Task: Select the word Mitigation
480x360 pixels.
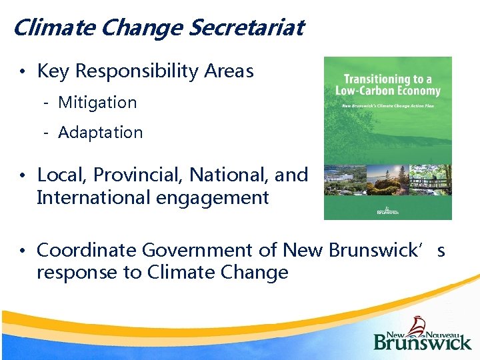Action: click(x=97, y=103)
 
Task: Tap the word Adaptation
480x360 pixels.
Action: click(x=101, y=133)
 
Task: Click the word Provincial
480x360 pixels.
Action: click(x=139, y=175)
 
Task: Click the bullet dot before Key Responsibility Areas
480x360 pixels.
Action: click(x=23, y=72)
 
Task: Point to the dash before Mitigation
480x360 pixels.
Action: click(x=47, y=103)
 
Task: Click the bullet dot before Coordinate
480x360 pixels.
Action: click(x=23, y=251)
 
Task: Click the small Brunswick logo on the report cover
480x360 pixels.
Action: click(x=387, y=211)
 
